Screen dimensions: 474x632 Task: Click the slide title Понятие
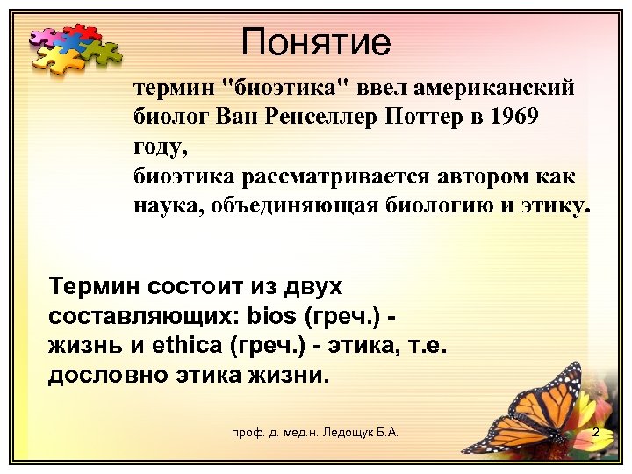click(x=316, y=40)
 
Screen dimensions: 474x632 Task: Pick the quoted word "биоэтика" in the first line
click(x=287, y=88)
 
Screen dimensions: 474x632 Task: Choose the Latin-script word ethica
click(x=191, y=346)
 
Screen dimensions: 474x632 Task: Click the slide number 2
click(x=595, y=433)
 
